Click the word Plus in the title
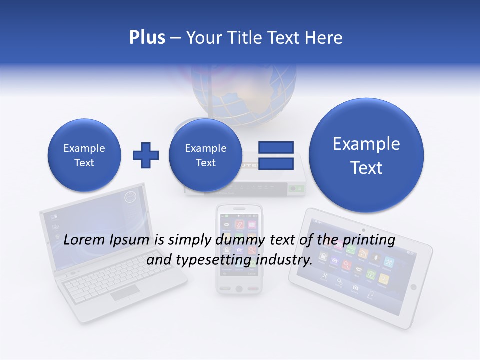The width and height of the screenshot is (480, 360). pos(147,38)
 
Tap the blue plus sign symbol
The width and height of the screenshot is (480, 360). pos(146,155)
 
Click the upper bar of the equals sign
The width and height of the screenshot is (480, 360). pos(276,147)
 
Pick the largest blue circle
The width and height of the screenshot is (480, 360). pos(366,155)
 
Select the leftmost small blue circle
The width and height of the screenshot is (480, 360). pos(84,155)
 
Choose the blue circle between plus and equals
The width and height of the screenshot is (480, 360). pos(205,155)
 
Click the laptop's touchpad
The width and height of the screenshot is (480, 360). pos(125,293)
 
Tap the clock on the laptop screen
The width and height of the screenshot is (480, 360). pos(130,197)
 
